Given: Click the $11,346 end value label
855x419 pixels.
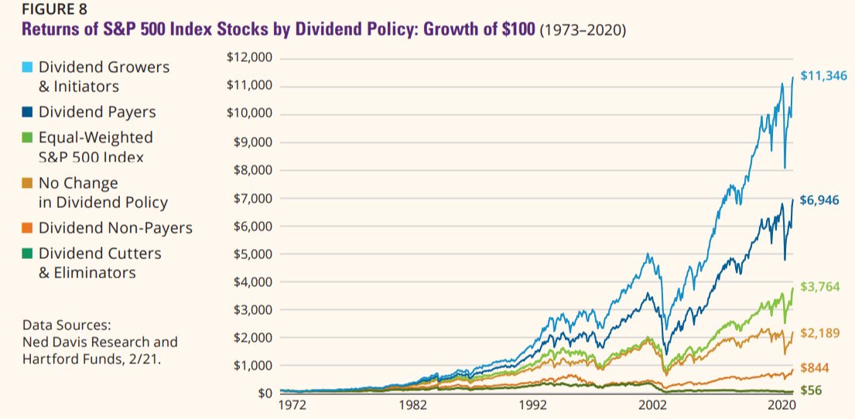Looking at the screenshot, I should pyautogui.click(x=823, y=76).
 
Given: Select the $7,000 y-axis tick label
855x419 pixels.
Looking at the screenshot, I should pyautogui.click(x=251, y=198).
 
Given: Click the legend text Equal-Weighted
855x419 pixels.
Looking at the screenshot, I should pyautogui.click(x=96, y=138).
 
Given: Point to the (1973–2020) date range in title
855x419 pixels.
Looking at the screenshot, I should pyautogui.click(x=583, y=31).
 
